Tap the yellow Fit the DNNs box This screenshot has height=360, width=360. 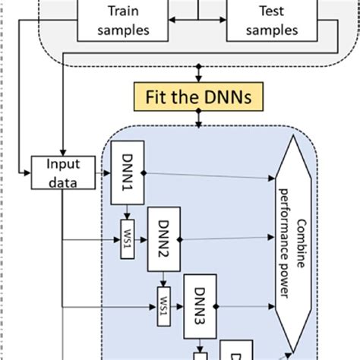[199, 99]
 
